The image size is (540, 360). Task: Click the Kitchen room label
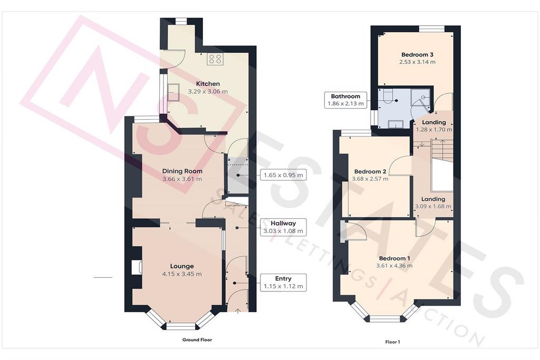[208, 84]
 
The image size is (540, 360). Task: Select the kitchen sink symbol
[173, 92]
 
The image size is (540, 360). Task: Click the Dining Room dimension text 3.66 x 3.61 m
[182, 179]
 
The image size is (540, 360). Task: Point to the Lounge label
[182, 266]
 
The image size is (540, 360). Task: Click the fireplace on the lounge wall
[137, 267]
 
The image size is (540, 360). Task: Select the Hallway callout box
[283, 227]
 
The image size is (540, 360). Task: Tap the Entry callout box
[283, 283]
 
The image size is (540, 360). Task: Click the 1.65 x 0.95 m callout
[283, 175]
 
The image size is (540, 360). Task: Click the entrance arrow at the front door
[238, 311]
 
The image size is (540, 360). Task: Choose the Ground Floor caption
[197, 339]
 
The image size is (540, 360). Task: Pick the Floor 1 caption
[392, 342]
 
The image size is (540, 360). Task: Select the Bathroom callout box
[345, 100]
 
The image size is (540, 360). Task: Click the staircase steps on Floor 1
[442, 150]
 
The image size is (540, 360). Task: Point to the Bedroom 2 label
[370, 172]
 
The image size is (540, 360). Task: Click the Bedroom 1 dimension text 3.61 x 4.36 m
[394, 266]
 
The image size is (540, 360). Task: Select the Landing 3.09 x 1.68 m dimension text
[433, 207]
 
